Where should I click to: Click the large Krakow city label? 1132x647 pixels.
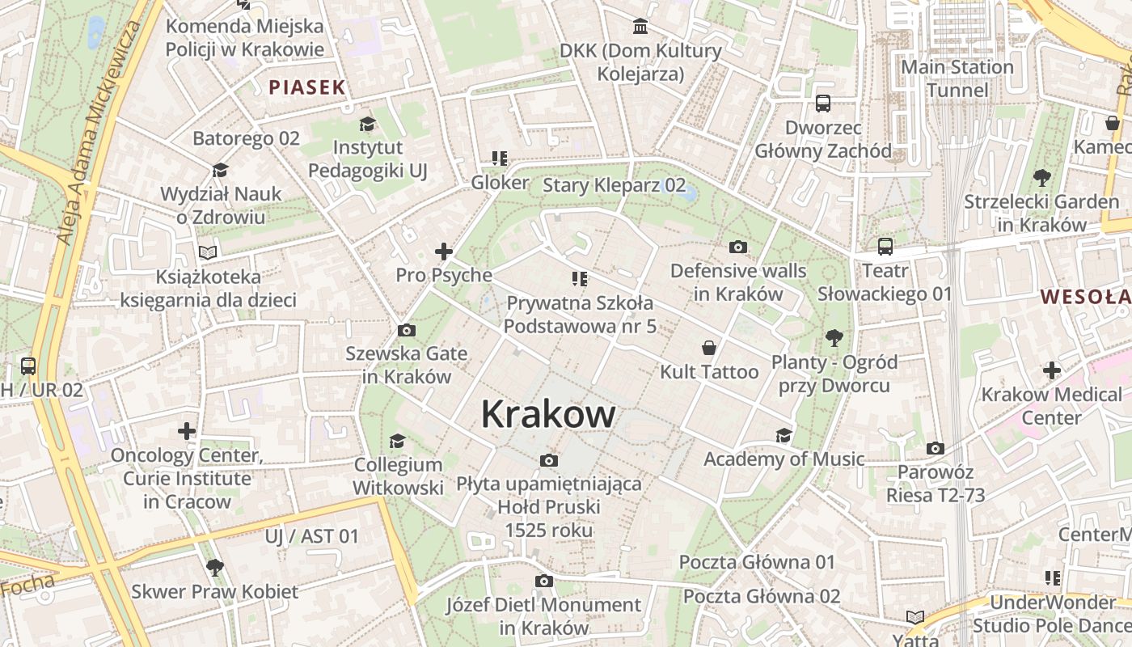tap(548, 415)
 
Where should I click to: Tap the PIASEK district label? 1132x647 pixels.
tap(307, 87)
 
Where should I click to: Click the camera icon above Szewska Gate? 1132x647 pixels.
tap(406, 330)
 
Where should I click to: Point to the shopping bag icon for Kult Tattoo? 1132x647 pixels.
tap(709, 348)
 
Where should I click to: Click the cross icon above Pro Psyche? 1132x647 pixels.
tap(444, 252)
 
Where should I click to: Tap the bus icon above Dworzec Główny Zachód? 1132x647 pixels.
tap(823, 104)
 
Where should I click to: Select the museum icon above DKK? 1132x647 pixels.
tap(641, 27)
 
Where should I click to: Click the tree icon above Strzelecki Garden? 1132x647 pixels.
tap(1041, 177)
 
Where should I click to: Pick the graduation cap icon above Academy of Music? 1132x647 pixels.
tap(784, 436)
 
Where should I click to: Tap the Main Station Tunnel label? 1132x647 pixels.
tap(957, 78)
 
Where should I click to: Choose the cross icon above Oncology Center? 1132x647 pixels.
tap(187, 431)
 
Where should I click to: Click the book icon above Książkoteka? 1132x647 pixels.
tap(208, 252)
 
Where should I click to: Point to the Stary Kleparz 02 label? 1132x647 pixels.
tap(614, 185)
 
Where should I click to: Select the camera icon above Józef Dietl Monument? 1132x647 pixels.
tap(543, 581)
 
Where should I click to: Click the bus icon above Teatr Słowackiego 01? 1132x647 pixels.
tap(885, 246)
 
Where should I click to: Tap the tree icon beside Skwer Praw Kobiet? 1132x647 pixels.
tap(214, 567)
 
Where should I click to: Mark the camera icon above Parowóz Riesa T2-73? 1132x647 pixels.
tap(936, 448)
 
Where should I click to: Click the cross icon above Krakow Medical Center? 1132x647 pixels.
tap(1051, 370)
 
